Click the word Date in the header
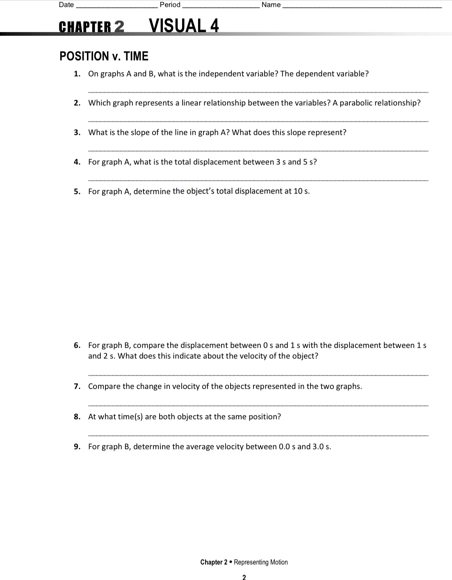pyautogui.click(x=66, y=5)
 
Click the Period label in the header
pyautogui.click(x=170, y=5)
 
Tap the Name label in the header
pyautogui.click(x=271, y=5)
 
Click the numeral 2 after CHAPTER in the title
pyautogui.click(x=119, y=27)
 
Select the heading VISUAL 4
pyautogui.click(x=184, y=25)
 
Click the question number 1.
pyautogui.click(x=77, y=74)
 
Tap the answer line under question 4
pyautogui.click(x=258, y=180)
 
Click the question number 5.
pyautogui.click(x=77, y=192)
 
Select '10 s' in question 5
pyautogui.click(x=302, y=191)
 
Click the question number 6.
pyautogui.click(x=77, y=345)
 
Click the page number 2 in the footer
pyautogui.click(x=244, y=577)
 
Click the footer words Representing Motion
pyautogui.click(x=261, y=562)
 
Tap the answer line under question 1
pyautogui.click(x=258, y=92)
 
